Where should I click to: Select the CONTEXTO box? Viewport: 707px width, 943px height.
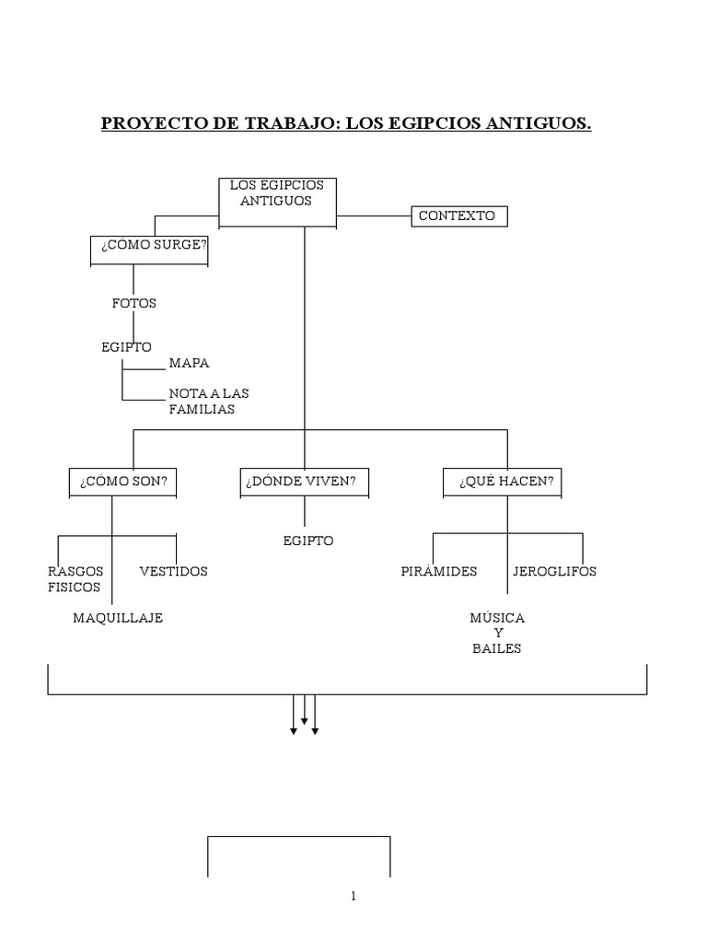(458, 216)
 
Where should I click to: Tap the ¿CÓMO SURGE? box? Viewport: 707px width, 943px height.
(149, 250)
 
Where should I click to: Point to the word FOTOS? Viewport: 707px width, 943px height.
(134, 303)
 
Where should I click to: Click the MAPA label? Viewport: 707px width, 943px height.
(189, 363)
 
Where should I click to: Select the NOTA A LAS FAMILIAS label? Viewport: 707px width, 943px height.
(208, 401)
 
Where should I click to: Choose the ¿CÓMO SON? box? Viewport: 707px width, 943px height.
(123, 483)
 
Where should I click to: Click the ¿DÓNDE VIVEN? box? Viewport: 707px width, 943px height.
(305, 483)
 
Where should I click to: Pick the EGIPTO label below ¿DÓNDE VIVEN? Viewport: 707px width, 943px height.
(308, 541)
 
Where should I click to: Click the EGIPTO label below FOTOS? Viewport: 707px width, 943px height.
(126, 346)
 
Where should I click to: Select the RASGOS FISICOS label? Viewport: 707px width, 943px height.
(75, 578)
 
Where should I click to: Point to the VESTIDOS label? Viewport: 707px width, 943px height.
(173, 571)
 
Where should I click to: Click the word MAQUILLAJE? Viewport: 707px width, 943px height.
(118, 618)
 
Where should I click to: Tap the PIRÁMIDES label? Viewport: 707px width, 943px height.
(439, 571)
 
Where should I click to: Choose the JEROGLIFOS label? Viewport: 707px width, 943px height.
(554, 571)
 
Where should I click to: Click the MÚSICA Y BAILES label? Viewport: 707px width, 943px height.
(497, 633)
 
